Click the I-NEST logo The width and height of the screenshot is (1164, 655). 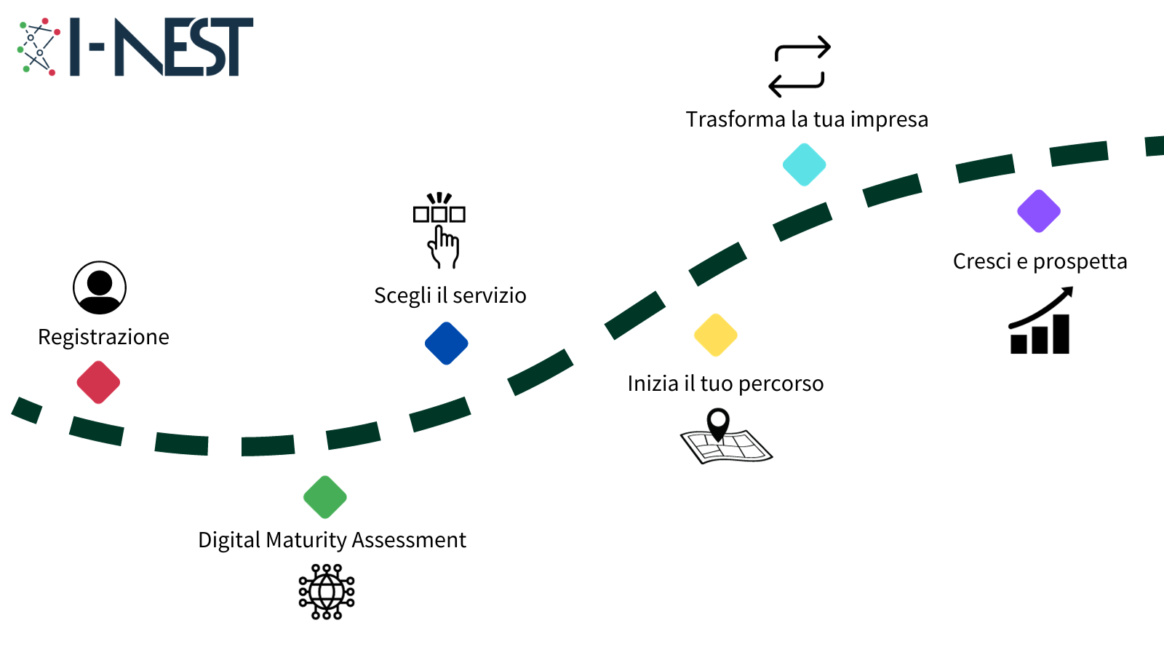coord(136,47)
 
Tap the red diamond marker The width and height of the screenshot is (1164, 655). coord(98,382)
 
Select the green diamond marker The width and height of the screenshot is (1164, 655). coord(325,497)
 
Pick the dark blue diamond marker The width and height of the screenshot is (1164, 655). coord(447,344)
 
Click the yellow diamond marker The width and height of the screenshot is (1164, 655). coord(716,335)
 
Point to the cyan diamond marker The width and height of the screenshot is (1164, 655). coord(804,164)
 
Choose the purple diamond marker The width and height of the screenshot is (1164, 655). coord(1039,211)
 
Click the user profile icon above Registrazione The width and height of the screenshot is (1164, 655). coord(100,287)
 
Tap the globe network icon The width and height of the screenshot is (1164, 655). coord(327,592)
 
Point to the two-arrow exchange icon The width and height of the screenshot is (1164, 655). coord(800,66)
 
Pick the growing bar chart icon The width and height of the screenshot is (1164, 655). coord(1040,322)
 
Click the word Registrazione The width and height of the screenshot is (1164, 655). coord(103,337)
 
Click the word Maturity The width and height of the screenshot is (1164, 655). coord(306,541)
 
